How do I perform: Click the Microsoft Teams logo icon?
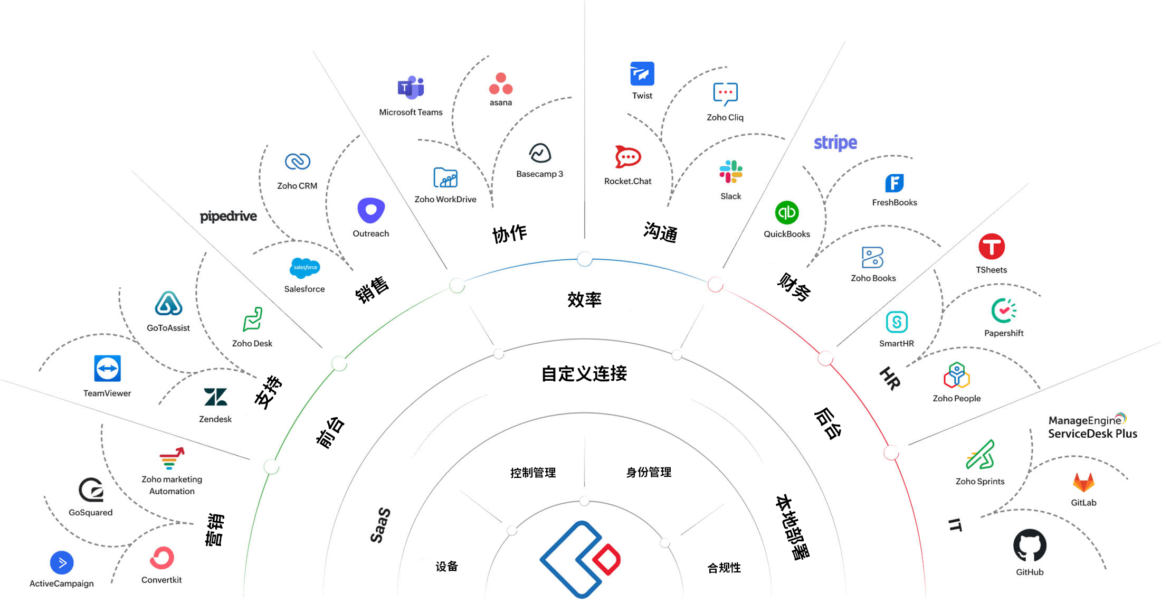coord(411,88)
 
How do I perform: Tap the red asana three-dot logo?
coord(501,84)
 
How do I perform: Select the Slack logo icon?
coord(731,172)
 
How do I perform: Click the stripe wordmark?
coord(835,143)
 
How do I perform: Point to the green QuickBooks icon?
coord(786,212)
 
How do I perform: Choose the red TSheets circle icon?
coord(991,247)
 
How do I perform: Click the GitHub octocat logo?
coord(1030,545)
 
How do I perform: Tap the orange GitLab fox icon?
coord(1083,482)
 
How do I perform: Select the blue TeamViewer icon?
coord(107,368)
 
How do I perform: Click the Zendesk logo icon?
coord(215,397)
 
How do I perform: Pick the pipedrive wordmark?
coord(228,216)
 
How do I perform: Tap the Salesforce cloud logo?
coord(304,268)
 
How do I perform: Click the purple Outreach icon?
coord(371,211)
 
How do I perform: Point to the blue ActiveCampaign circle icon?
coord(62,563)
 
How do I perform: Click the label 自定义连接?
coord(584,374)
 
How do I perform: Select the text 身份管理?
coord(649,472)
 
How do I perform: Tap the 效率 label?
coord(584,299)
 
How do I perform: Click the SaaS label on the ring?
coord(380,525)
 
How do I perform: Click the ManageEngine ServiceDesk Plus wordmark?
coord(1092,427)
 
